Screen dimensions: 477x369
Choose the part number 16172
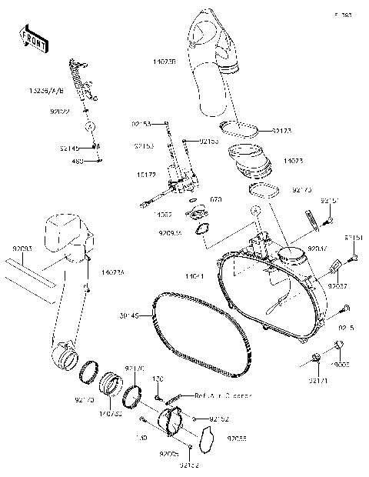(146, 175)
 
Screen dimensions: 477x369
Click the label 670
(216, 199)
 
